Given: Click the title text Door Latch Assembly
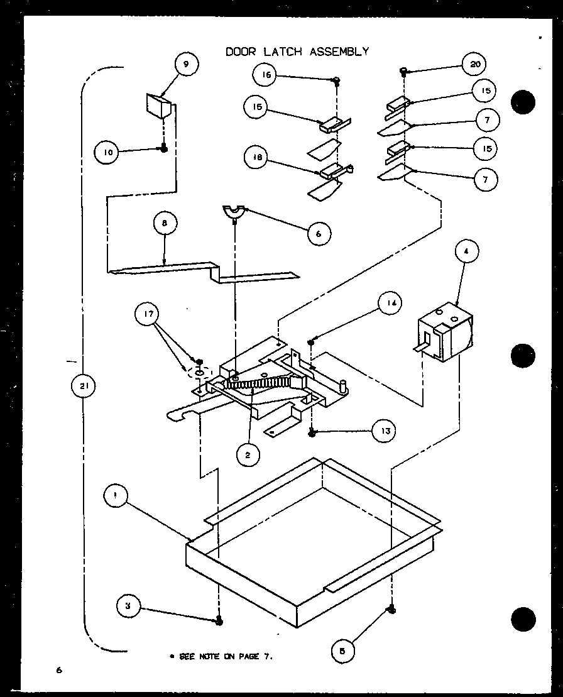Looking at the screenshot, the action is (x=297, y=52).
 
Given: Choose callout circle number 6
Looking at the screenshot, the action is (x=319, y=233).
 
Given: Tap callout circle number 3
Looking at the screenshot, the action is (x=128, y=606).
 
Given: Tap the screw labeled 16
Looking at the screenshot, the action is (x=337, y=80).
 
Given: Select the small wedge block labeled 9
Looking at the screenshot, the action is (x=158, y=104).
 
